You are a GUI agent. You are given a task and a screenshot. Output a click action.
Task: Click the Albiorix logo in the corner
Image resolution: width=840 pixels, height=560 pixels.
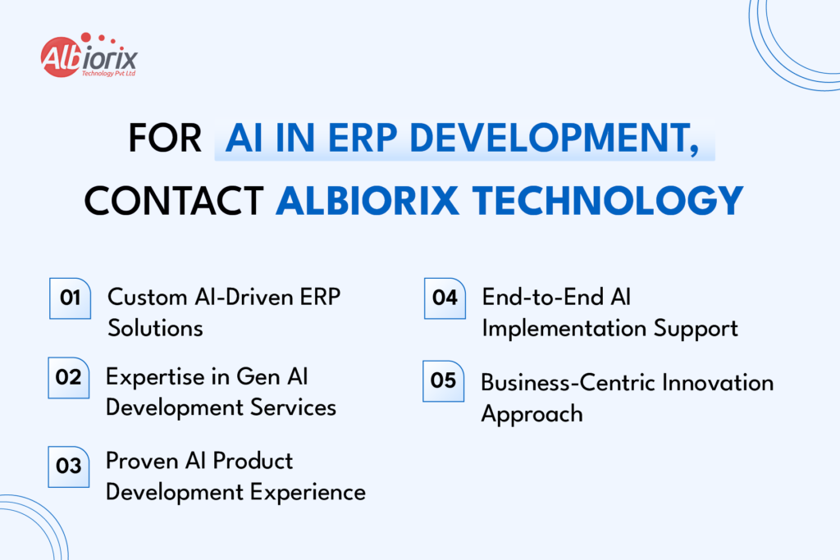click(x=88, y=57)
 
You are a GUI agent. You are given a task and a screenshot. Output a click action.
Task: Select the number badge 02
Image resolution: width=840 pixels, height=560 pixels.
click(x=69, y=377)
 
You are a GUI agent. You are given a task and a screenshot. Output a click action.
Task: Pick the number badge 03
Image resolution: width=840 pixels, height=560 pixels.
click(x=69, y=467)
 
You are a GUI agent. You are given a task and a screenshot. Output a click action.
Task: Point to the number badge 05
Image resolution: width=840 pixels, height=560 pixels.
click(x=444, y=380)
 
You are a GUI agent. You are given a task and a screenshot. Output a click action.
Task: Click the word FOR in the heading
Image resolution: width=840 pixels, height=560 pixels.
click(x=165, y=138)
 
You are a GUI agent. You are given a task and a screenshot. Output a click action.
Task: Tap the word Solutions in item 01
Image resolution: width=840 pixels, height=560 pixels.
click(x=155, y=328)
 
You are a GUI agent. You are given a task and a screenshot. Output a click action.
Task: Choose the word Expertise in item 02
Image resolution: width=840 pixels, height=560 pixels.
click(x=156, y=376)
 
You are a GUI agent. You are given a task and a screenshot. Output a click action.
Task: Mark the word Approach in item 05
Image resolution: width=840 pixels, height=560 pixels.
click(x=532, y=413)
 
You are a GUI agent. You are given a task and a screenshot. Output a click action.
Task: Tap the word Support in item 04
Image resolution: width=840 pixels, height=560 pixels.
click(x=696, y=328)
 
